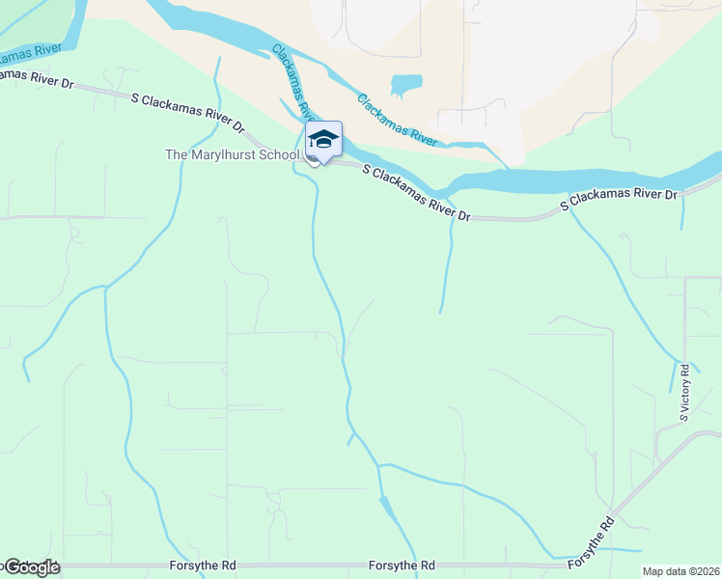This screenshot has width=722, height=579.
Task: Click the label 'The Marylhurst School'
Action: (233, 154)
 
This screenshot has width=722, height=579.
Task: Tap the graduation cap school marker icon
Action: (323, 139)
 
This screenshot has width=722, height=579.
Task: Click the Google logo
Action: (31, 567)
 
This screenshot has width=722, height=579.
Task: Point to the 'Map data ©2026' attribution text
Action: (680, 571)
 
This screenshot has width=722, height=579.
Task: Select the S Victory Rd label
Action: (684, 393)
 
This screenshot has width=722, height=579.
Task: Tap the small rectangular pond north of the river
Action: (406, 85)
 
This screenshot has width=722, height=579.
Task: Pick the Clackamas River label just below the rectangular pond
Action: (397, 119)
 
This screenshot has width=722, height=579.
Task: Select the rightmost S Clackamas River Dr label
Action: (621, 200)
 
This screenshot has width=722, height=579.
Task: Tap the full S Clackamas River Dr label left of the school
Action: (189, 112)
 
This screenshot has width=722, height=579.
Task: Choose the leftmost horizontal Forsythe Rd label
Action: (201, 565)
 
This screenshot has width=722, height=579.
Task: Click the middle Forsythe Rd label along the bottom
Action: (402, 565)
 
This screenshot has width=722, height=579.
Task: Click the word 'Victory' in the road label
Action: (684, 387)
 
